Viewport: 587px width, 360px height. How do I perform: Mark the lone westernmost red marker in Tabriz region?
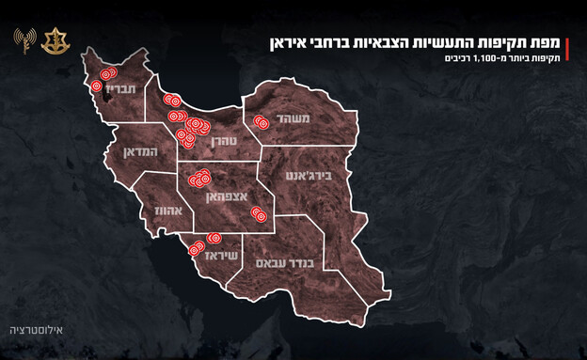click(x=96, y=86)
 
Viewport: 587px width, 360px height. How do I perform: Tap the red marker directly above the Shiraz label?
click(x=214, y=239)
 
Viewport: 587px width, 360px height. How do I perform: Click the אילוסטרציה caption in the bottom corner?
click(x=35, y=331)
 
